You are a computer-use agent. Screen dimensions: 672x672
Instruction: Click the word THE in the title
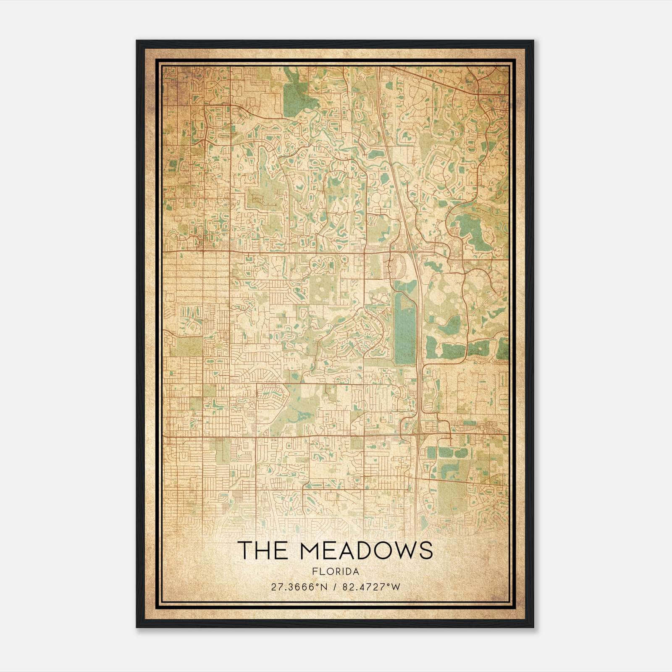tap(265, 550)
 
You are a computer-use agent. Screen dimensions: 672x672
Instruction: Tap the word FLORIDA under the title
tap(336, 572)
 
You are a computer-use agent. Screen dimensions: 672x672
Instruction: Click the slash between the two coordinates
tap(334, 587)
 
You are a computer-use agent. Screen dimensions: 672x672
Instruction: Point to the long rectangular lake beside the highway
tap(404, 328)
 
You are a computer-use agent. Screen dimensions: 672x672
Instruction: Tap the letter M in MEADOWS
tap(311, 550)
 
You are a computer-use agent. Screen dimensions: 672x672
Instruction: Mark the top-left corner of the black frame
tap(137, 41)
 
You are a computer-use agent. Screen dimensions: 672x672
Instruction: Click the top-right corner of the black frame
tap(533, 41)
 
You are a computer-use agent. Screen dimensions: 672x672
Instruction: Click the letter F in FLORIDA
tap(314, 572)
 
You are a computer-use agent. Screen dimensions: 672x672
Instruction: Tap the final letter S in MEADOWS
tap(425, 550)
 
